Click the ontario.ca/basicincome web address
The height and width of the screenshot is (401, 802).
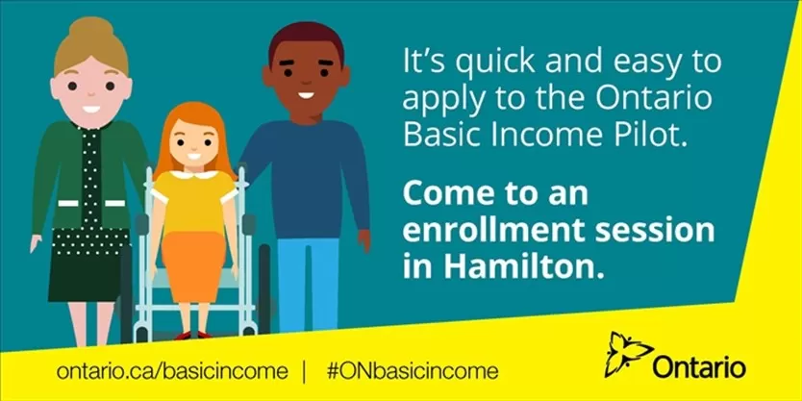coord(172,371)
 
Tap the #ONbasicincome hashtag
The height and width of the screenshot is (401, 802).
coord(413,371)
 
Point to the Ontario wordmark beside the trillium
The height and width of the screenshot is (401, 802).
coord(699,367)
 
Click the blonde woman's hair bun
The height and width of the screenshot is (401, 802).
coord(90,31)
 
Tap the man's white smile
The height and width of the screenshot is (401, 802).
coord(307,95)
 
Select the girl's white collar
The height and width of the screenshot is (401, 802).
coord(194,175)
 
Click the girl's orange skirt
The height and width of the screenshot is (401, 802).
coord(194,266)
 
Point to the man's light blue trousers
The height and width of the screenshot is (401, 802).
coord(308,285)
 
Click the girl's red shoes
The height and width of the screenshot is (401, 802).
coord(194,335)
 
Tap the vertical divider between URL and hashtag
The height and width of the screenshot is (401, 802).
coord(306,372)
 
